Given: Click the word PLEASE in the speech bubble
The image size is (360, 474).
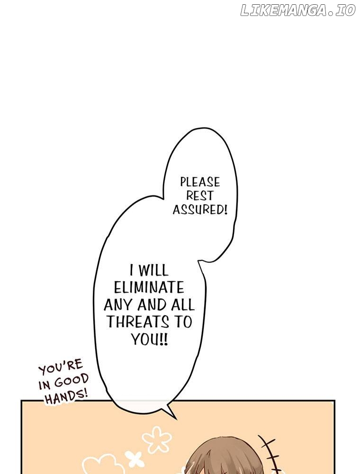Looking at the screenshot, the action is [x=200, y=182].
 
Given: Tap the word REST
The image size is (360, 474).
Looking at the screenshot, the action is [x=200, y=196].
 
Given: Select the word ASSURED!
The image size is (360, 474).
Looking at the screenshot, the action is [x=200, y=209].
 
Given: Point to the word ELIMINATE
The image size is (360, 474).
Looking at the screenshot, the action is [x=149, y=288].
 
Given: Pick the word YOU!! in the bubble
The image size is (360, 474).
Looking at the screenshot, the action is [x=149, y=339].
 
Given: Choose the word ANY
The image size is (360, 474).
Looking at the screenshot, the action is [x=119, y=305].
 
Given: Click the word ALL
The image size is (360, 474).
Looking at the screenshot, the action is [x=182, y=305].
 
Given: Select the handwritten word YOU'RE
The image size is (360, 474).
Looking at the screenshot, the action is [x=61, y=367].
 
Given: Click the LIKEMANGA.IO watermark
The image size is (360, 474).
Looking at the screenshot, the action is [x=298, y=11].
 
